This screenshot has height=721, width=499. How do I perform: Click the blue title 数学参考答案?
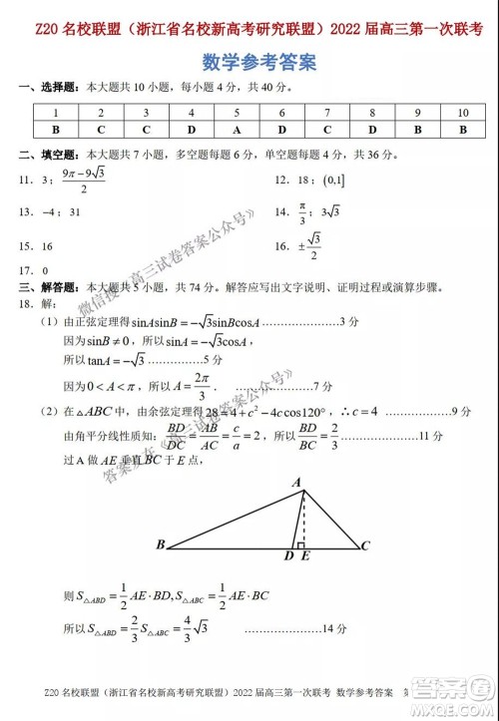click(x=250, y=63)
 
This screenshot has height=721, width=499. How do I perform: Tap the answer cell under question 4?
click(x=192, y=130)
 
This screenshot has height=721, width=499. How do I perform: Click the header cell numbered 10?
click(x=462, y=113)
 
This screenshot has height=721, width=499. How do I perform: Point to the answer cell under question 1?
click(x=56, y=130)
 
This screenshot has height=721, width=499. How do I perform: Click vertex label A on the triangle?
click(x=296, y=482)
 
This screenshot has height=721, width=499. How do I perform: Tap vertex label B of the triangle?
click(x=160, y=545)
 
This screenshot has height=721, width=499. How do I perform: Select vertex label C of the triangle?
click(x=366, y=545)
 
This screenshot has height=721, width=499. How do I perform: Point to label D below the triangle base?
click(x=288, y=555)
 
